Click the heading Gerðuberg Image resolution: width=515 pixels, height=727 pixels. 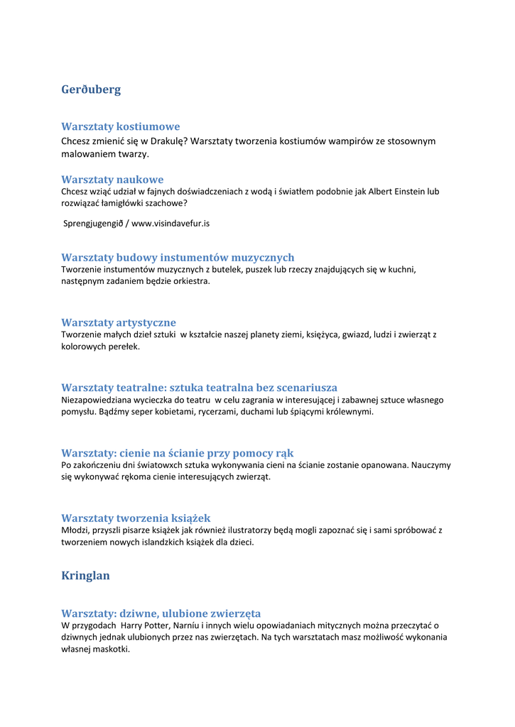(91, 89)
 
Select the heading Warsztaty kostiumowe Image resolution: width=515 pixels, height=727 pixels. (120, 126)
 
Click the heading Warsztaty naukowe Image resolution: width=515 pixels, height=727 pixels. (112, 180)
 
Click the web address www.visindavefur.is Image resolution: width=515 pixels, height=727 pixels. (170, 223)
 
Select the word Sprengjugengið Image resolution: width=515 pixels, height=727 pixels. (92, 223)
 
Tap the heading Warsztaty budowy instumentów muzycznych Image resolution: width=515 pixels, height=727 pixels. (178, 257)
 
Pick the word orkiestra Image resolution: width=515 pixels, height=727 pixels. (192, 281)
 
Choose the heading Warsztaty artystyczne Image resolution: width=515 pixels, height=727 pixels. (119, 322)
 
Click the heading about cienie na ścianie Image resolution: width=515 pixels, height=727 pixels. (177, 453)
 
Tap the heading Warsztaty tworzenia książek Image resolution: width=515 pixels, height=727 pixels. (136, 518)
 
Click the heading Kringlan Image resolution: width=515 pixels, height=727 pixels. (85, 575)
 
